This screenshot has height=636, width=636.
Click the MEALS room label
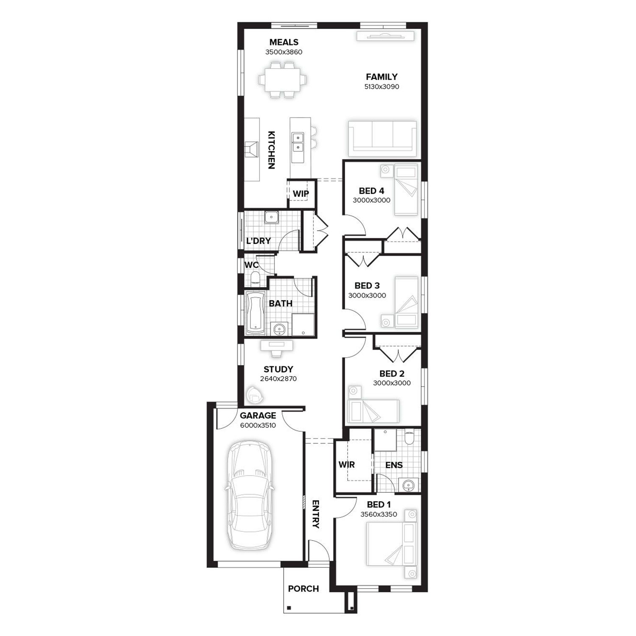pos(284,42)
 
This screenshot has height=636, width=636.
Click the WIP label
pos(301,194)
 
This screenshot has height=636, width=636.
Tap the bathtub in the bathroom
pos(256,312)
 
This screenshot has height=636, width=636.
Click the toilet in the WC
pos(255,278)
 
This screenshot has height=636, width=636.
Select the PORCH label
pos(303,589)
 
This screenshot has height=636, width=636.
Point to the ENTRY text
pos(315,514)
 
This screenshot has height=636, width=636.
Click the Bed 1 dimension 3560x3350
pos(379,514)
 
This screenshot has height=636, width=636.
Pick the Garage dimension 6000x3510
pos(258,425)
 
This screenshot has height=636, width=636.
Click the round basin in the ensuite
pos(408,485)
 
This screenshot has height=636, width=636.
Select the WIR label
pos(346,465)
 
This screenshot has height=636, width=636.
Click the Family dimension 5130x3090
pos(382,86)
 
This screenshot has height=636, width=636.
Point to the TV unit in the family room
pos(385,36)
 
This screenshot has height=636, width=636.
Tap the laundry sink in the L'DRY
pos(271,218)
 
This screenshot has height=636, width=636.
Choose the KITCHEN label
pos(271,150)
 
